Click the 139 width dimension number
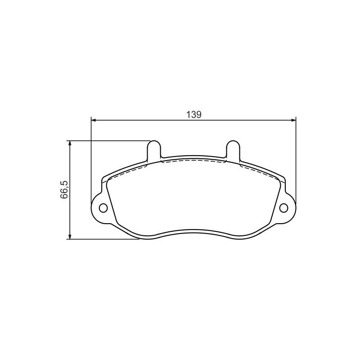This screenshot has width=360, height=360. click(194, 115)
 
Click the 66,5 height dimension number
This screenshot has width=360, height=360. click(64, 189)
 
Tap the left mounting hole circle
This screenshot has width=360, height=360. click(103, 208)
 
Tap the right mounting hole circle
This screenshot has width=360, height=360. click(284, 208)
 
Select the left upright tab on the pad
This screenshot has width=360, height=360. click(154, 150)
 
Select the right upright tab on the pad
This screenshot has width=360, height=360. click(233, 150)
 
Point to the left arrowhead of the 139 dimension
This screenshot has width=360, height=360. click(94, 120)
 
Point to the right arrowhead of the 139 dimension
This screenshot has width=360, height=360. click(293, 120)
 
